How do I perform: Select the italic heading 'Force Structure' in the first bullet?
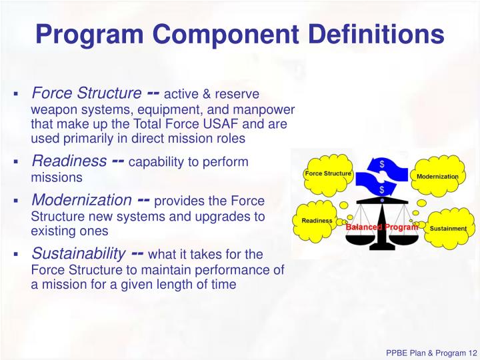point(87,93)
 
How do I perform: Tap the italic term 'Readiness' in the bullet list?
point(69,161)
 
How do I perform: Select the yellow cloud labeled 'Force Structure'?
point(327,174)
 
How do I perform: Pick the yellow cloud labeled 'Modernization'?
point(437,176)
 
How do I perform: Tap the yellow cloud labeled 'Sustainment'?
point(447,228)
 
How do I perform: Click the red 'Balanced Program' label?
point(381,227)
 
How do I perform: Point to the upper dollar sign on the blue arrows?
point(381,163)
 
